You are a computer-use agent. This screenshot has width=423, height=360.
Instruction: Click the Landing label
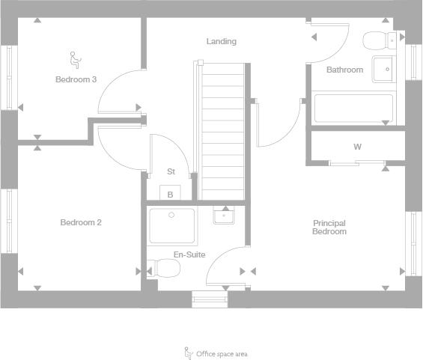tap(222, 41)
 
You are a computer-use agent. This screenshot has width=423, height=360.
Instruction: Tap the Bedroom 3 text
tap(76, 79)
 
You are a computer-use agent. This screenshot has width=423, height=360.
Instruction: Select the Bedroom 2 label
tap(81, 222)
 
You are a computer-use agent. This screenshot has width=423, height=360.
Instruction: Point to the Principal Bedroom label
tap(329, 227)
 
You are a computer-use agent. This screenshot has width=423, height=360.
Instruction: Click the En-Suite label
tap(189, 254)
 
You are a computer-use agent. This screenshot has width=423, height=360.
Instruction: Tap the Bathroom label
tap(345, 70)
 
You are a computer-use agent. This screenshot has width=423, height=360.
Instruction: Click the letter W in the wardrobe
tap(357, 147)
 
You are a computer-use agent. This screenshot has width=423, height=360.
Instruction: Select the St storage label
tap(171, 171)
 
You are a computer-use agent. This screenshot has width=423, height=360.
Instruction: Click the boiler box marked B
tap(170, 192)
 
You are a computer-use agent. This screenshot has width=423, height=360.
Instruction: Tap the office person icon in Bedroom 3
tap(76, 60)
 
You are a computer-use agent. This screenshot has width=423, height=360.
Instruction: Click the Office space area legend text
tap(222, 354)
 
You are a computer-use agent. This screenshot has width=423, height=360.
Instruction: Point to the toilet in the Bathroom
tap(380, 40)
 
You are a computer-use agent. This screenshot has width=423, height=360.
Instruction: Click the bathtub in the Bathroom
tap(353, 108)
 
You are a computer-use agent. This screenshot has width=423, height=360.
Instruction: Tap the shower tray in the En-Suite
tap(172, 225)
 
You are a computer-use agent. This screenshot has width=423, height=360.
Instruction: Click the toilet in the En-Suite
tap(163, 268)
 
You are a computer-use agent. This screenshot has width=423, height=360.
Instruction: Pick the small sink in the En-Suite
tap(224, 215)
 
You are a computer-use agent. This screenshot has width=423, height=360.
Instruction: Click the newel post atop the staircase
tap(200, 63)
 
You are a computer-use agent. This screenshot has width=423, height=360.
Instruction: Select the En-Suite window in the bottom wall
tap(210, 299)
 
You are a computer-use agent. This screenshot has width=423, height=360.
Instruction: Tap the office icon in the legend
tap(189, 353)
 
